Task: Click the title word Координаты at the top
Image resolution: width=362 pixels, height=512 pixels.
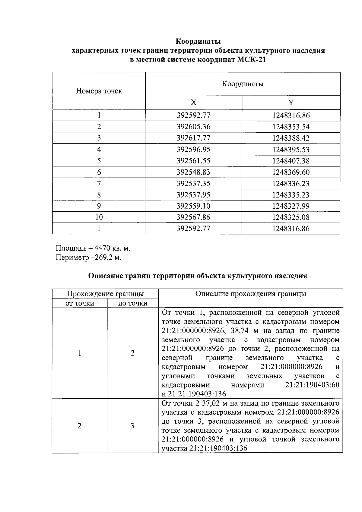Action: [198, 41]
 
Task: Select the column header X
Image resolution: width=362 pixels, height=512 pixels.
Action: [194, 103]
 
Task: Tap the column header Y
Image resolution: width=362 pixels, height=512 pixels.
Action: [291, 103]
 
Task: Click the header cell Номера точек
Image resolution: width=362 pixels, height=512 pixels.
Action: [99, 91]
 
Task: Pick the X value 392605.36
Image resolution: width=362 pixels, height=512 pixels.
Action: [193, 127]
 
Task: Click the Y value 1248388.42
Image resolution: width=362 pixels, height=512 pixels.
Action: [291, 138]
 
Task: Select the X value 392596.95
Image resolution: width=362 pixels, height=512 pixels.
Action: [193, 150]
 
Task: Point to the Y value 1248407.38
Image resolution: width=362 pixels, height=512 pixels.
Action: [291, 161]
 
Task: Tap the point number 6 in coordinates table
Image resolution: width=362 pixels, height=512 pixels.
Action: [99, 172]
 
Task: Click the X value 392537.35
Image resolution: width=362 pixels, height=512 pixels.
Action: [193, 184]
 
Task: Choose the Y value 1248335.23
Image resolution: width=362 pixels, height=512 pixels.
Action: [291, 195]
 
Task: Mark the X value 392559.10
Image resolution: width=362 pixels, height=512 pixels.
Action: [193, 206]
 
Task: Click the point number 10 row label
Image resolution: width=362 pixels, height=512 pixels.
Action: [99, 217]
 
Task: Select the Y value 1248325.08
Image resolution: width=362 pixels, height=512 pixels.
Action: [291, 217]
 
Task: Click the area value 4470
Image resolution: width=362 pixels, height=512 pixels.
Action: [103, 248]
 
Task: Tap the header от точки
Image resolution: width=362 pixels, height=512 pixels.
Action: [80, 303]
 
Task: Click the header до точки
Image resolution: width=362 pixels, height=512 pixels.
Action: [133, 303]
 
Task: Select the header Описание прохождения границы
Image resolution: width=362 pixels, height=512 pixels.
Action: [250, 294]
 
